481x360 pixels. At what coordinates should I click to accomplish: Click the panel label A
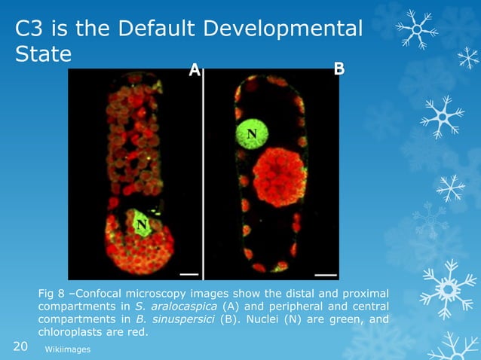194,70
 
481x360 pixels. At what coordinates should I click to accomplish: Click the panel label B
339,69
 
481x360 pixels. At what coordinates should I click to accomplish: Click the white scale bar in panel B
326,272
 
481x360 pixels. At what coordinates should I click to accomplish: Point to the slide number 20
22,346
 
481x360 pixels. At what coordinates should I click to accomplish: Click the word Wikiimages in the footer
68,349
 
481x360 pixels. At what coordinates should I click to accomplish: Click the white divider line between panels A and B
204,173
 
